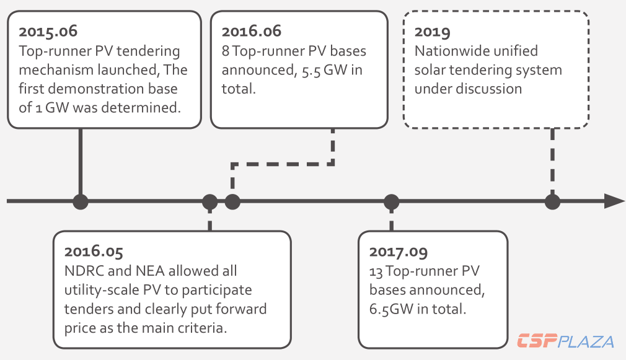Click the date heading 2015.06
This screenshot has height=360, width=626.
[49, 31]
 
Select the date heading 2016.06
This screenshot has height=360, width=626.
[251, 31]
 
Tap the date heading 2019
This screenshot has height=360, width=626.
[433, 31]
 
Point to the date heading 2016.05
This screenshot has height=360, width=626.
[94, 252]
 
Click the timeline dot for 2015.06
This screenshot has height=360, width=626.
[81, 201]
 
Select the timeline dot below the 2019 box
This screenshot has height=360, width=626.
[552, 201]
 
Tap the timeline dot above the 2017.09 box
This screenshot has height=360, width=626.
[391, 201]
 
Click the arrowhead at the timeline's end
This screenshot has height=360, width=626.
[614, 201]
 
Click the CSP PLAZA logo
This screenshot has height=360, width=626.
[565, 341]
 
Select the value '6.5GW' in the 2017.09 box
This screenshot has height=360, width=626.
[393, 309]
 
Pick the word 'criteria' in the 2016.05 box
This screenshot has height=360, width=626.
[201, 327]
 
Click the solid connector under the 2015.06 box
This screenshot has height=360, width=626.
[81, 161]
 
